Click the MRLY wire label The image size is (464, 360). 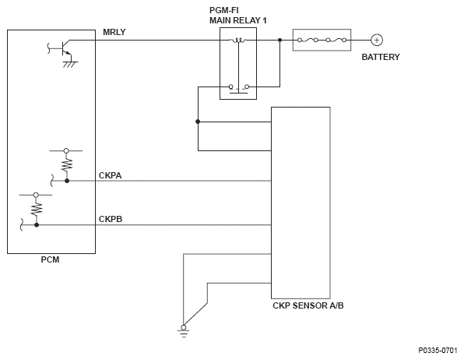(x=114, y=32)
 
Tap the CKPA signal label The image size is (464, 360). (x=110, y=175)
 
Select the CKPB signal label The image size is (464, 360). (x=111, y=219)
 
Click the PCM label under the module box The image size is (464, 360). (x=50, y=259)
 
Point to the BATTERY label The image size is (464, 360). (x=381, y=57)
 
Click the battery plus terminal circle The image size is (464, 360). (x=377, y=40)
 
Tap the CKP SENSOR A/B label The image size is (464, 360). (x=308, y=305)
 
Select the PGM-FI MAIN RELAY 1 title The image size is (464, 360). (x=238, y=16)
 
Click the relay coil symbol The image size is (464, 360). (x=238, y=41)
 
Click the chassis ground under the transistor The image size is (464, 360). (x=70, y=65)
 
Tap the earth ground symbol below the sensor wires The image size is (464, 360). (x=184, y=331)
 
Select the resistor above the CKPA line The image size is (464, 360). (x=67, y=164)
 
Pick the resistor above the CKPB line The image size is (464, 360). (x=36, y=209)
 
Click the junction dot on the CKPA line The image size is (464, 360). (x=67, y=181)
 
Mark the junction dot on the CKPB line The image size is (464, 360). (x=37, y=225)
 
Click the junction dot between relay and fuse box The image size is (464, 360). (x=280, y=40)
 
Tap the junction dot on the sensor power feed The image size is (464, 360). (x=198, y=122)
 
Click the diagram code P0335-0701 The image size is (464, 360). (x=438, y=351)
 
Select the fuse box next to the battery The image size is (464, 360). (x=322, y=40)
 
